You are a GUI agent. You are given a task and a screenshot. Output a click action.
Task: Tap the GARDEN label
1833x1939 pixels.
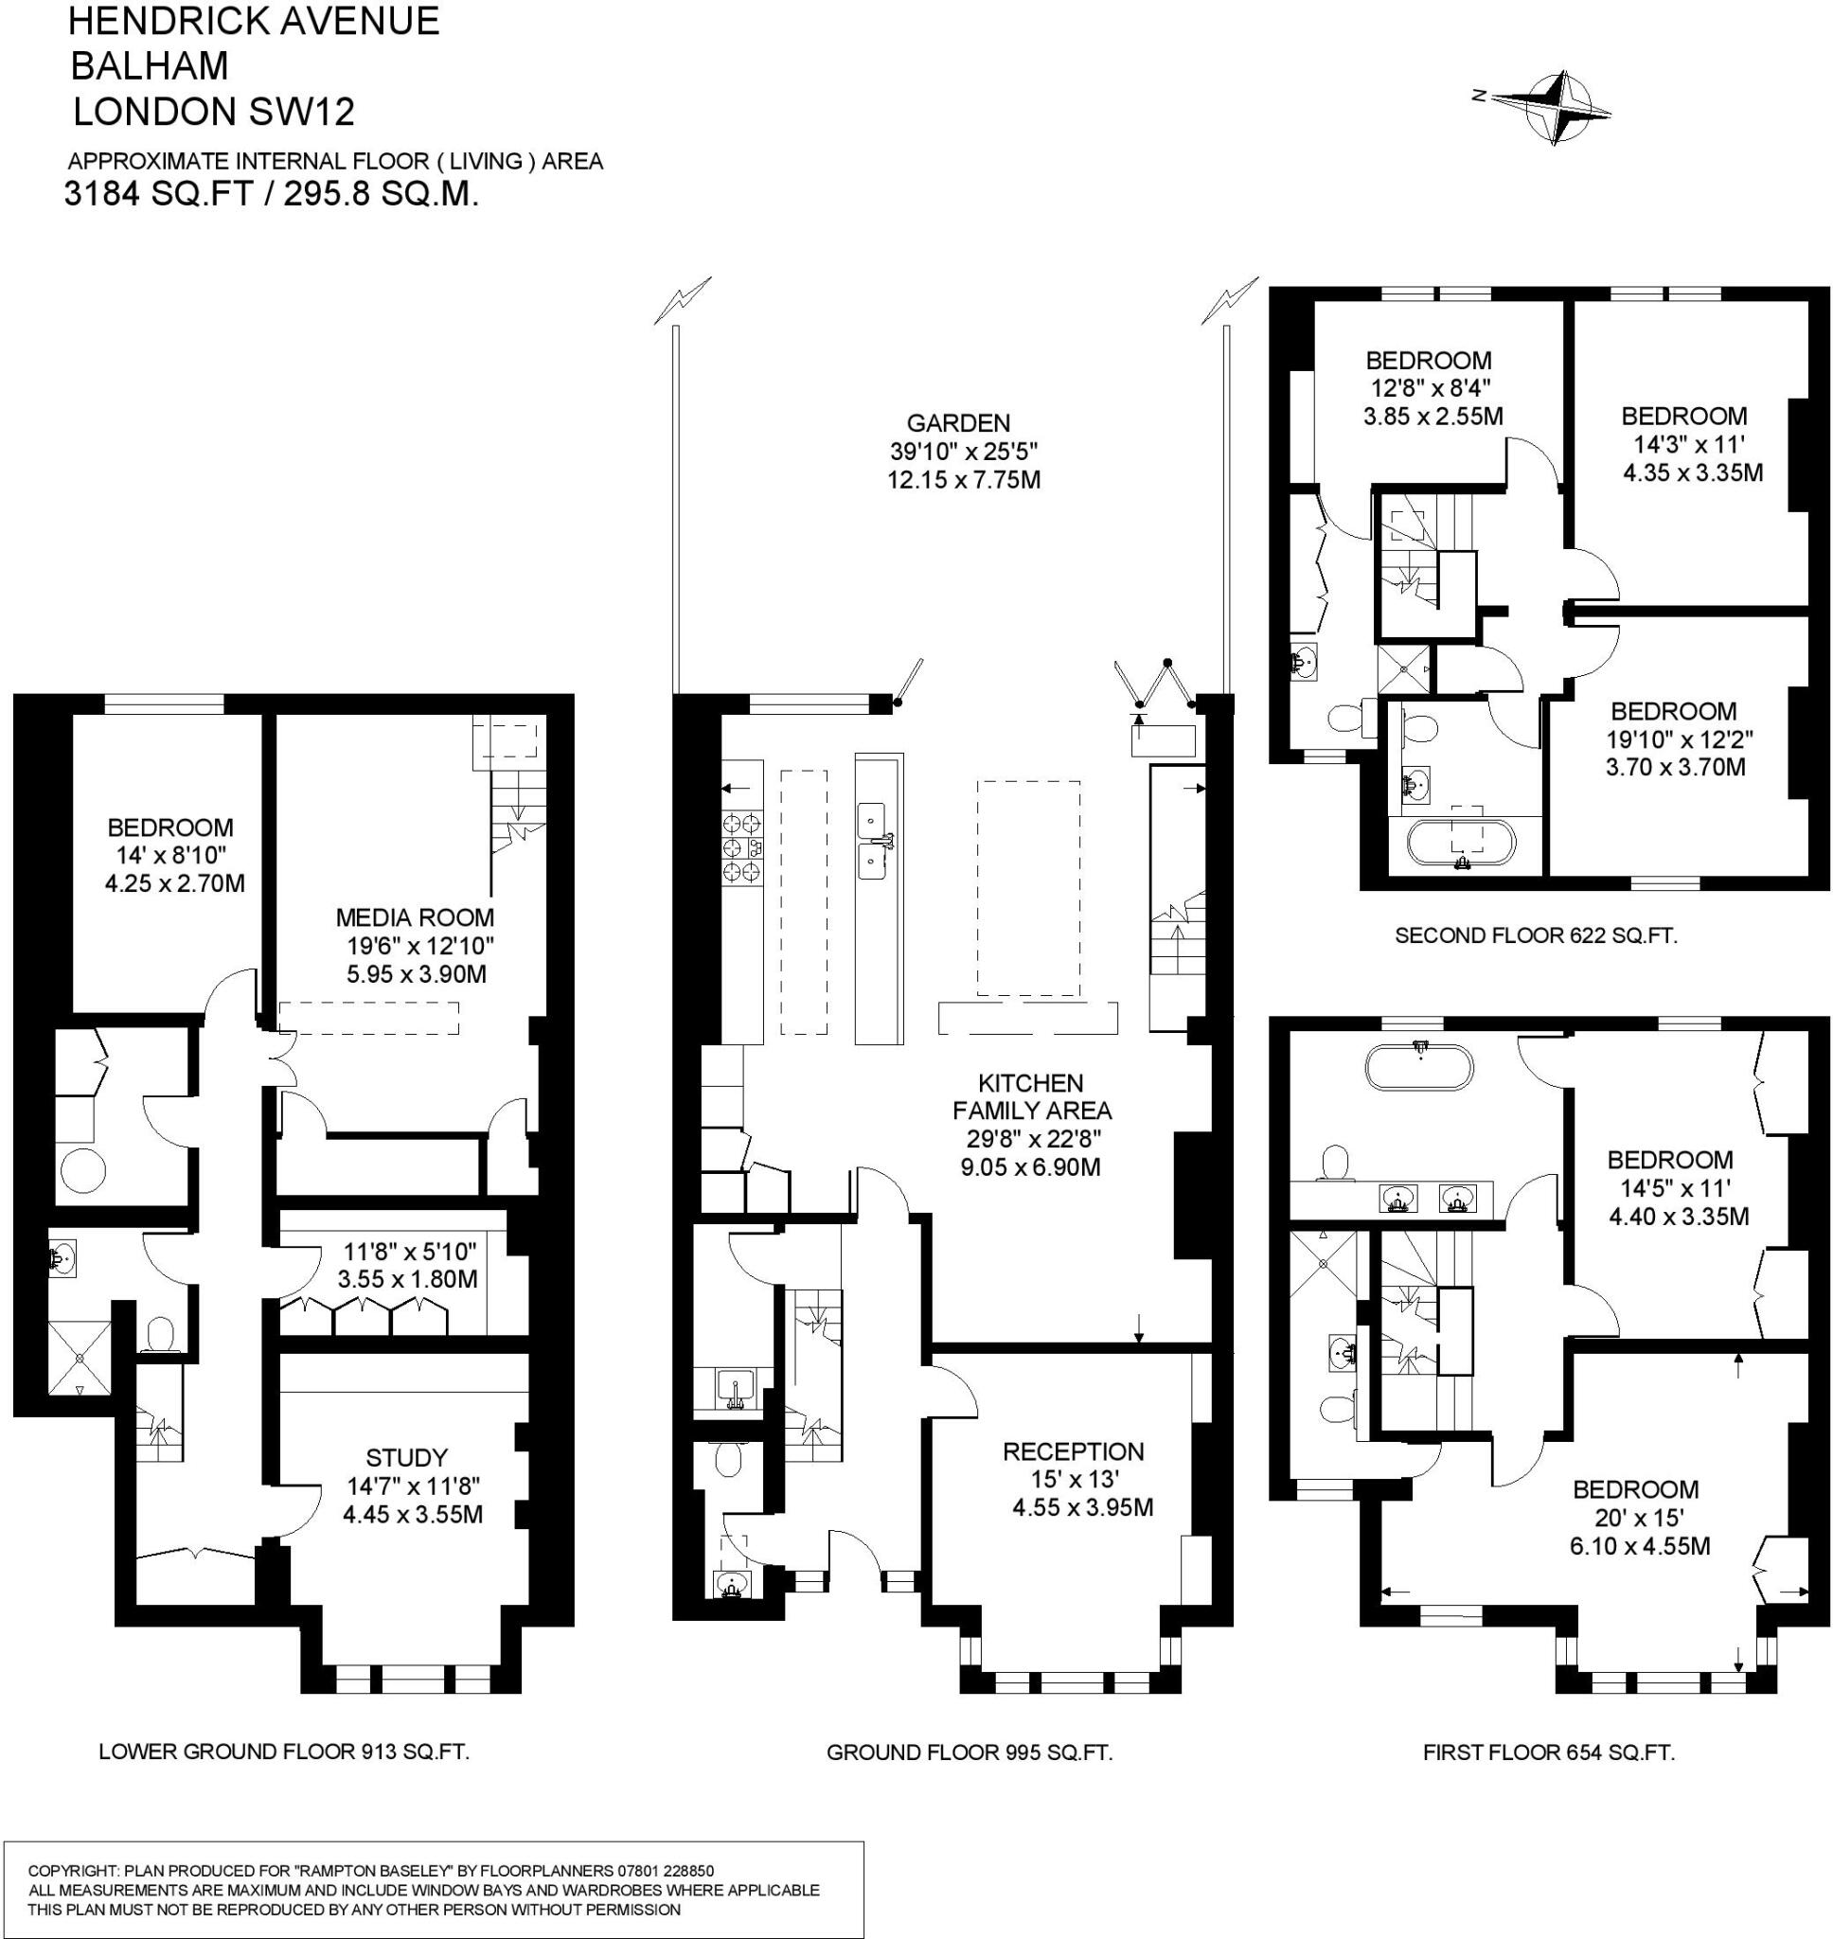pos(957,423)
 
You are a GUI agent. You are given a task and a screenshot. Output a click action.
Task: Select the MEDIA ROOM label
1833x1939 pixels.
pos(415,917)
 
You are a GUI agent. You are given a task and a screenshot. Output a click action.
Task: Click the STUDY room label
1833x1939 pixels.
pos(406,1457)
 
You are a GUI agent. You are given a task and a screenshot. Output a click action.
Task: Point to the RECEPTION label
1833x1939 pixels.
pos(1073,1451)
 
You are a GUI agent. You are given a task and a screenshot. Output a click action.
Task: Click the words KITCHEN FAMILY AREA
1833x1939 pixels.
pos(1032,1096)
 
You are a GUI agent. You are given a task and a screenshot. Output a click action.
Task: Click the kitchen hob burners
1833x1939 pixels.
pos(742,847)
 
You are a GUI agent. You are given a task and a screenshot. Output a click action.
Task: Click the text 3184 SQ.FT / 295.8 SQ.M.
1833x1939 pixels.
pos(272,194)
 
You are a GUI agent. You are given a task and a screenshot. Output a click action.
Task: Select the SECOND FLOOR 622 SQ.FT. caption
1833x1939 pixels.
pos(1536,934)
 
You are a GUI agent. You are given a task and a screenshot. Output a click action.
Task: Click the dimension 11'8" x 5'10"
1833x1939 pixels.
pos(409,1251)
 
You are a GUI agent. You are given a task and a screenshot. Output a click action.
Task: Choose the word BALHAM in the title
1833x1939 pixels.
pos(151,65)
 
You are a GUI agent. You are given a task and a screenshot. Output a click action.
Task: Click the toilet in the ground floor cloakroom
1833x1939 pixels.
pos(727,1460)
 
